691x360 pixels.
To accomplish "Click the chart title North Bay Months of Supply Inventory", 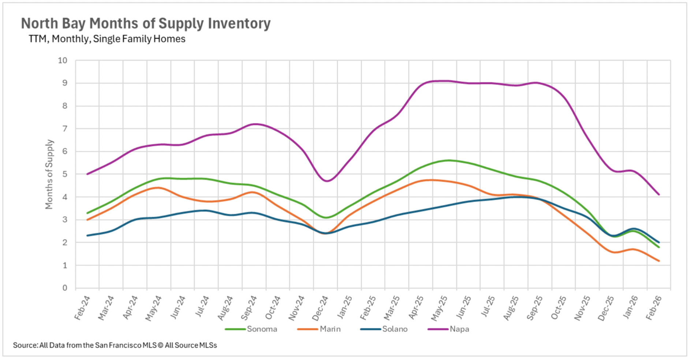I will tap(146, 23).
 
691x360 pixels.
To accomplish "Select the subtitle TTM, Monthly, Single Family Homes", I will tap(107, 39).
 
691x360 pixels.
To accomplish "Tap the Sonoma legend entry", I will tap(262, 329).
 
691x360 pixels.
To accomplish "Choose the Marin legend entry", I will tap(330, 329).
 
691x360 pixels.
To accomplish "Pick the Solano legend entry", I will tap(395, 329).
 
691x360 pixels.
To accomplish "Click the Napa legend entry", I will tap(459, 329).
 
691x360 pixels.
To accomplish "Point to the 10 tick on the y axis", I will tap(63, 60).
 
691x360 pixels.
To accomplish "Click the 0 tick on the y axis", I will tap(65, 288).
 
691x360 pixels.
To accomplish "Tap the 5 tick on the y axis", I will tap(65, 174).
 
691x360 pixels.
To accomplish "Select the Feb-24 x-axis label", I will tap(82, 308).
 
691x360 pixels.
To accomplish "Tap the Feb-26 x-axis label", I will tap(654, 308).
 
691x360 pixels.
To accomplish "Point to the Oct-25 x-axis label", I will tap(559, 308).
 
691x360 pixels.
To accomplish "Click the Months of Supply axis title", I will tap(49, 174).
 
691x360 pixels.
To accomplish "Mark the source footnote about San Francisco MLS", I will tap(115, 345).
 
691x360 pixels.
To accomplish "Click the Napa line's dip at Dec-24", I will tap(326, 181).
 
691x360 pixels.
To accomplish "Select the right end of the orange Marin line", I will tap(659, 261).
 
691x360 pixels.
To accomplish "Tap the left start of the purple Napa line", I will tap(87, 174).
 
